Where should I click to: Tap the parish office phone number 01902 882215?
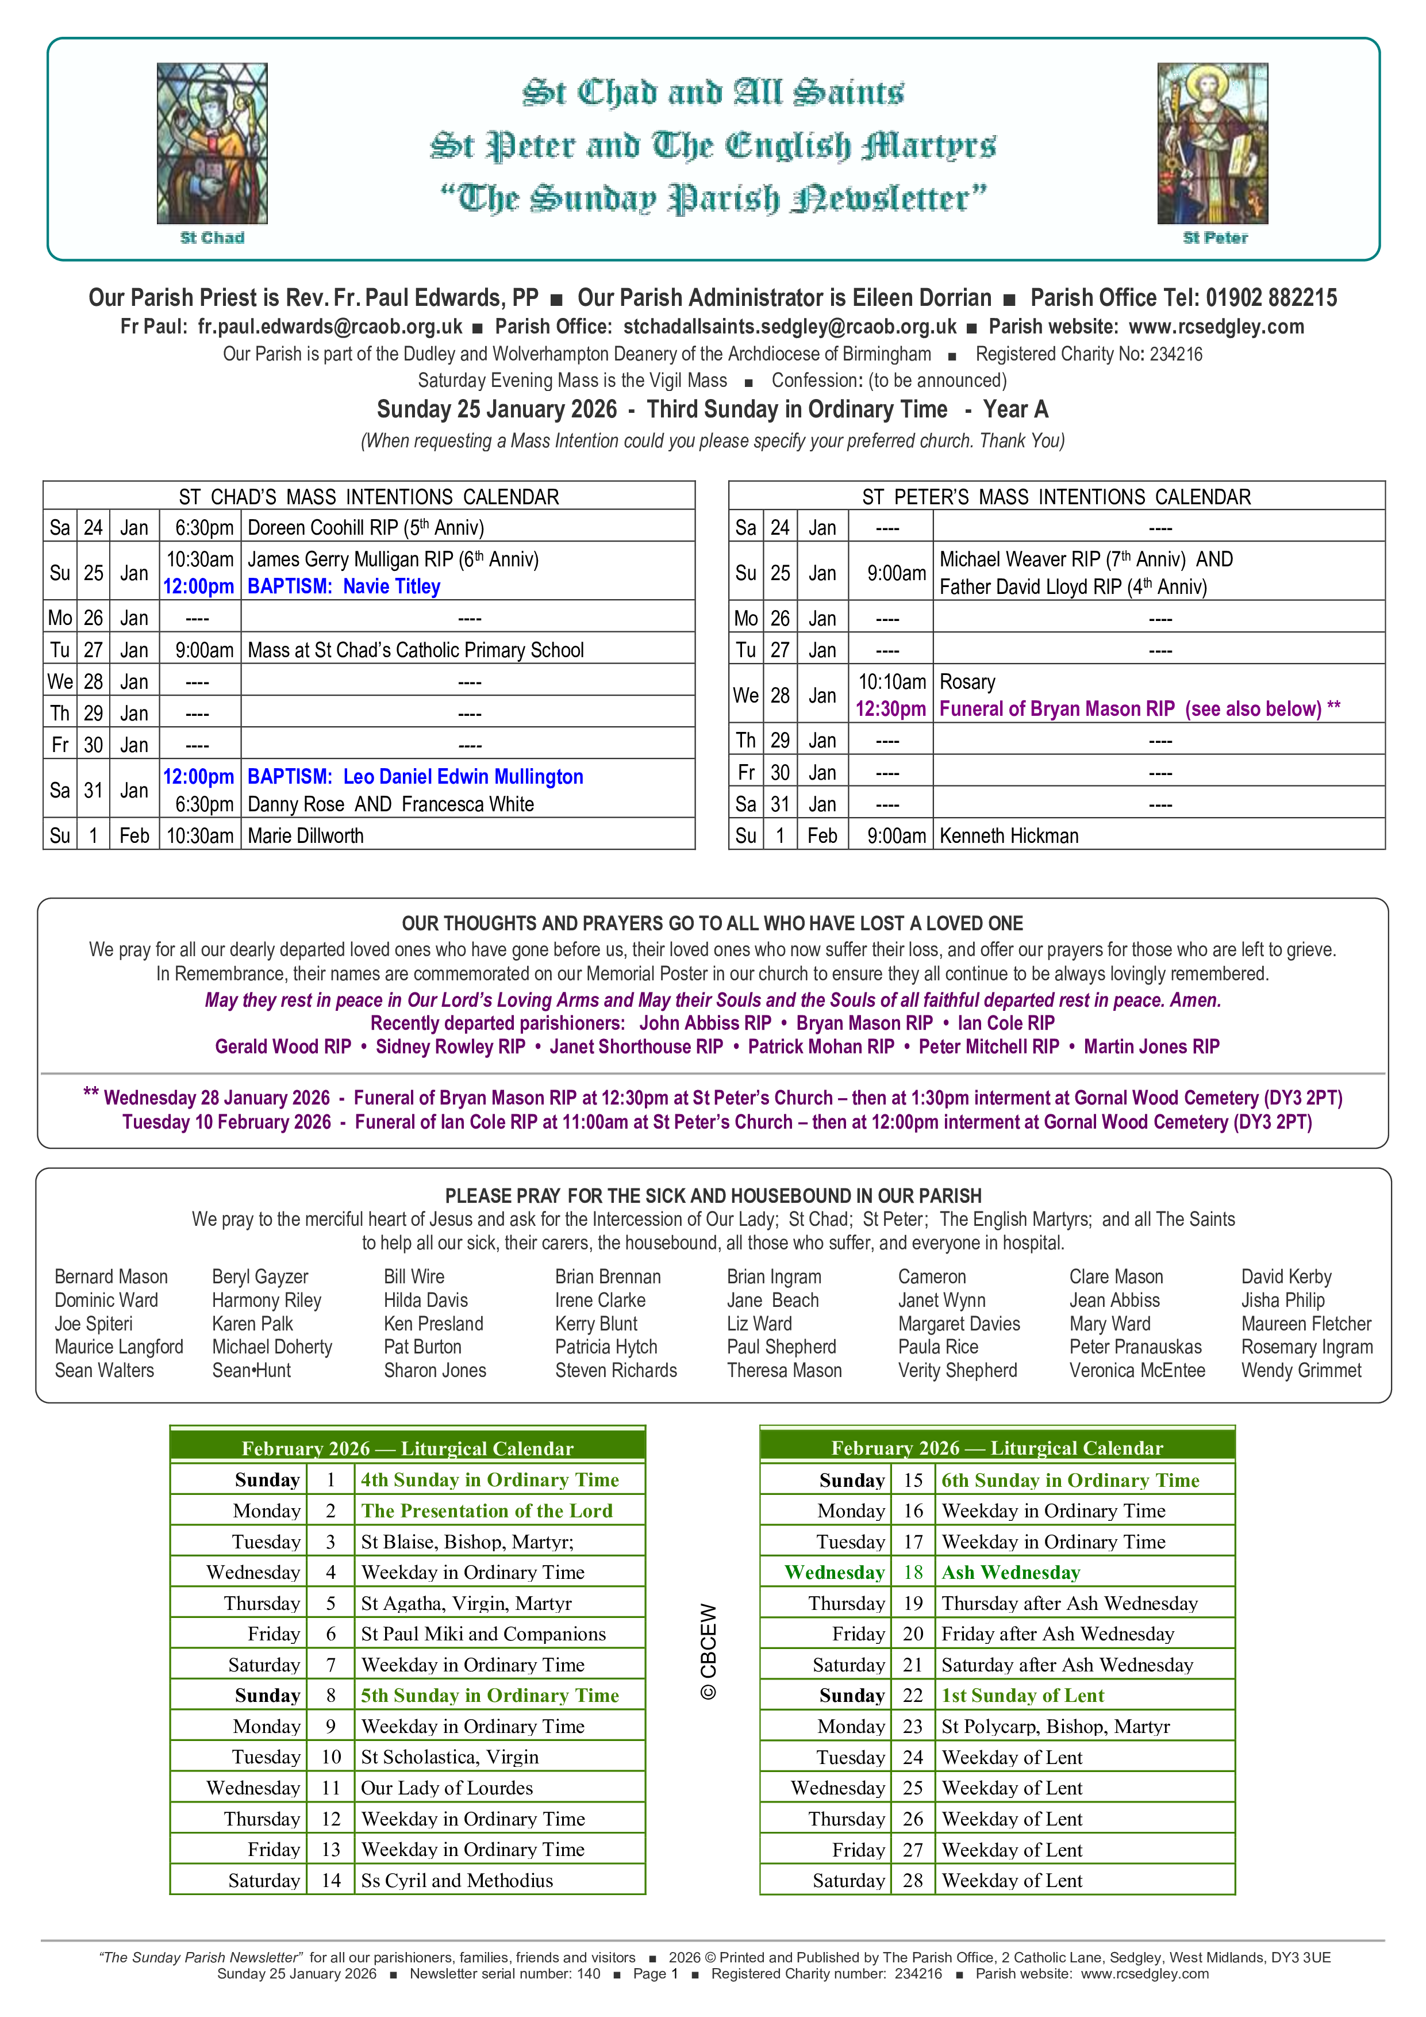click(1271, 298)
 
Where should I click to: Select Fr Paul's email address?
click(329, 327)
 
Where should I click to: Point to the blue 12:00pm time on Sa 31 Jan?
click(198, 777)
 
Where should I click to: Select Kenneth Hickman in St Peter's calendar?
click(1009, 835)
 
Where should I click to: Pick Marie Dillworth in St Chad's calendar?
click(306, 835)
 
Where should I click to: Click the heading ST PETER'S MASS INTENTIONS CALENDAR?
click(1056, 497)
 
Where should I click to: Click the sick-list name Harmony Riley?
click(267, 1300)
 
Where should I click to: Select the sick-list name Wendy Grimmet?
click(1301, 1370)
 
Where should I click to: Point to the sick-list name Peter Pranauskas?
click(1135, 1347)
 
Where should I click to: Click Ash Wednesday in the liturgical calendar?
click(1010, 1573)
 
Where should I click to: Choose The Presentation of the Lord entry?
click(486, 1511)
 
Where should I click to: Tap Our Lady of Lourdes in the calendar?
click(447, 1788)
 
